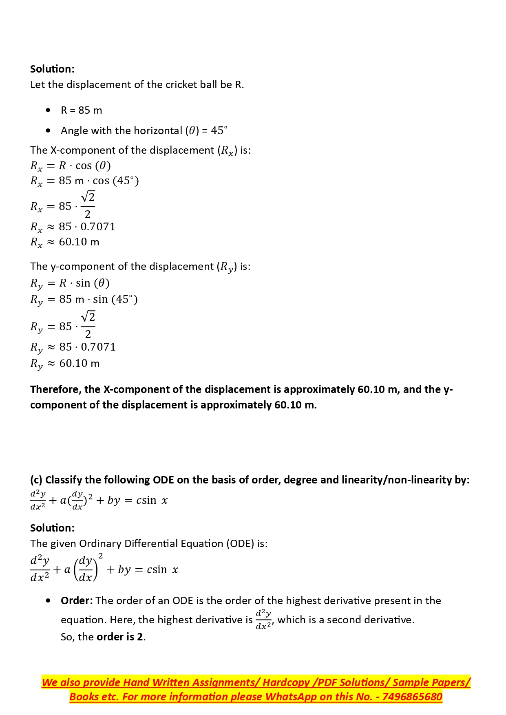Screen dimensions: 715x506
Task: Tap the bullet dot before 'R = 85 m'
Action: pyautogui.click(x=49, y=110)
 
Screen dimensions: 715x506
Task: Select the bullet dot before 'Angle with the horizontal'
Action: pyautogui.click(x=49, y=130)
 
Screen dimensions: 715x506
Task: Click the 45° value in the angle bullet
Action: pyautogui.click(x=219, y=130)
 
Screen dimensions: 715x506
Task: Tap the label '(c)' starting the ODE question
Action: pyautogui.click(x=36, y=480)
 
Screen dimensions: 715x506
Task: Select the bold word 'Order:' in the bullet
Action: pyautogui.click(x=77, y=600)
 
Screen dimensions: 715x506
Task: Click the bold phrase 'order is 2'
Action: pyautogui.click(x=120, y=637)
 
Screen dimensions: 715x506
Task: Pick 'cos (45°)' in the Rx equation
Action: pyautogui.click(x=116, y=181)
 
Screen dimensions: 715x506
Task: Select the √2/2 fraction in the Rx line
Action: pyautogui.click(x=88, y=205)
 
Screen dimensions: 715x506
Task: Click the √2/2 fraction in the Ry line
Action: pyautogui.click(x=88, y=325)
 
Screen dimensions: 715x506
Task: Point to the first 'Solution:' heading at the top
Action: pyautogui.click(x=52, y=69)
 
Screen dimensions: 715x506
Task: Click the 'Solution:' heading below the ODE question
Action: pyautogui.click(x=52, y=528)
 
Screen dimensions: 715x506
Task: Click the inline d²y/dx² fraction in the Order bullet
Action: pyautogui.click(x=264, y=620)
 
